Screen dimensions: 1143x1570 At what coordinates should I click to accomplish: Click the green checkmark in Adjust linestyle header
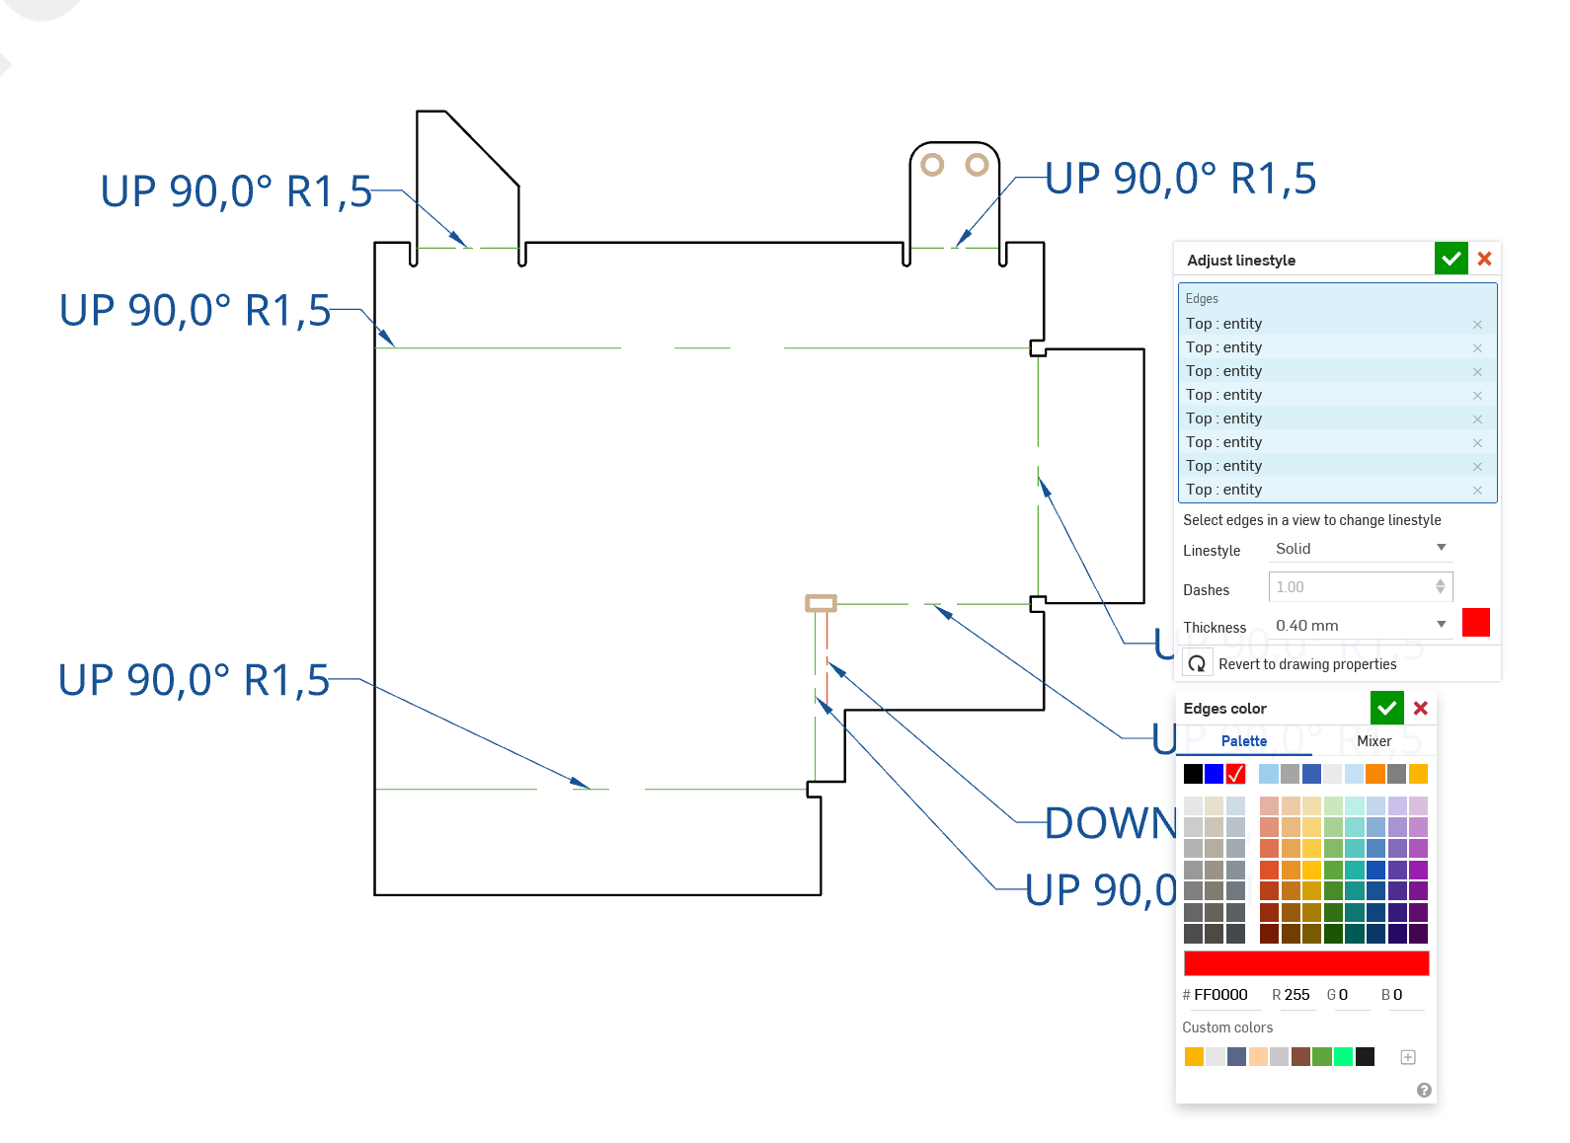pyautogui.click(x=1451, y=260)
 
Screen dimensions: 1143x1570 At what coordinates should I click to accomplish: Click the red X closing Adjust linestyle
pyautogui.click(x=1484, y=259)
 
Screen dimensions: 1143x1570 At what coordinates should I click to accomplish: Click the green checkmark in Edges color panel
pyautogui.click(x=1386, y=708)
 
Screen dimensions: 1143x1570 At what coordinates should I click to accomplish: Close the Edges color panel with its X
pyautogui.click(x=1421, y=708)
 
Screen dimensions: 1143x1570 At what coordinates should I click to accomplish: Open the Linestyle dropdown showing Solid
pyautogui.click(x=1360, y=549)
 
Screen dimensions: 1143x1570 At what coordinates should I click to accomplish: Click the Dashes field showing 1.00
pyautogui.click(x=1353, y=587)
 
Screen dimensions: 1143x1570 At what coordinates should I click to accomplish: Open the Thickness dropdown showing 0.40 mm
pyautogui.click(x=1360, y=626)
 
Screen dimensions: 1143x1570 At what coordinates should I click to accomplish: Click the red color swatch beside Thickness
pyautogui.click(x=1475, y=623)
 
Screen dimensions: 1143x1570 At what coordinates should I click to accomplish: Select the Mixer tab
pyautogui.click(x=1374, y=741)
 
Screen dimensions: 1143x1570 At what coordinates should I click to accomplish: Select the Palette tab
pyautogui.click(x=1243, y=741)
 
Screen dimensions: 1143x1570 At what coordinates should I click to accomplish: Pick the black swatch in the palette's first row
pyautogui.click(x=1193, y=774)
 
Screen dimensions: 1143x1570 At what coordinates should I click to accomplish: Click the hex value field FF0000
pyautogui.click(x=1220, y=995)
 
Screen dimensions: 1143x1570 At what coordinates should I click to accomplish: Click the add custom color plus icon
pyautogui.click(x=1408, y=1057)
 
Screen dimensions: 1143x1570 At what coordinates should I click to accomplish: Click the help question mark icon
pyautogui.click(x=1423, y=1090)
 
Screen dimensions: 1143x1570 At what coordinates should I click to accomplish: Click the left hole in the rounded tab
pyautogui.click(x=932, y=165)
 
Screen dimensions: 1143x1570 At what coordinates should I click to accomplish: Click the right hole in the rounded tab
pyautogui.click(x=977, y=164)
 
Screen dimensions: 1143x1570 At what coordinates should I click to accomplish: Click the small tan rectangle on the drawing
pyautogui.click(x=821, y=603)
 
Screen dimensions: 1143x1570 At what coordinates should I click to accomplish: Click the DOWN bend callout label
pyautogui.click(x=1110, y=823)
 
